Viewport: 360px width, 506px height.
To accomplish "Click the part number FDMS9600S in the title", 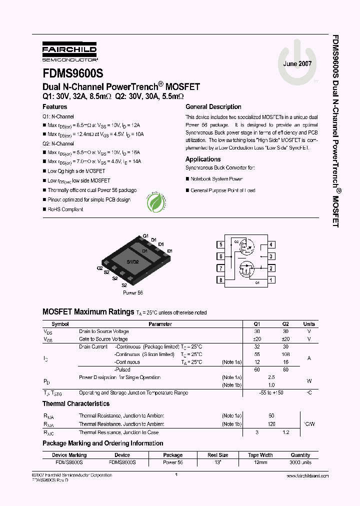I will (72, 72).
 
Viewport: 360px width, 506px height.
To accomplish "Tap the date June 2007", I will (297, 64).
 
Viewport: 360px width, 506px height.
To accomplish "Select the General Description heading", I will (213, 107).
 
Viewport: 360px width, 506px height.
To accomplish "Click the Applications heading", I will (203, 159).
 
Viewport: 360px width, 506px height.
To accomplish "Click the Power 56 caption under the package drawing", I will (133, 292).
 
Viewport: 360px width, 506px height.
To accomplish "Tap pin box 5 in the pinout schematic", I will (220, 245).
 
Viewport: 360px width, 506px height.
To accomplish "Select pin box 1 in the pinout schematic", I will (271, 280).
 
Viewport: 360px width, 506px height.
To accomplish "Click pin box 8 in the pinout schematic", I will (220, 280).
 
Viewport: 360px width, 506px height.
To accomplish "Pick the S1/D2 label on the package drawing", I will (132, 262).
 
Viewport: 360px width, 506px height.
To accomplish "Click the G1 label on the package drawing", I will (146, 235).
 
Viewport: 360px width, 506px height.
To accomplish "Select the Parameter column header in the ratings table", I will (160, 324).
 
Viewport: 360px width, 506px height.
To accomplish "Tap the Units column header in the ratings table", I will (309, 324).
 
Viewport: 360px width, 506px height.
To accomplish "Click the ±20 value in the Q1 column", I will (257, 339).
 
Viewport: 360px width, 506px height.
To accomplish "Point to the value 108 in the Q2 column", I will (285, 354).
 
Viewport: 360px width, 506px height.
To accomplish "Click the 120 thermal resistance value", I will (271, 423).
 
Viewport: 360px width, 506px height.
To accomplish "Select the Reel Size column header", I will (218, 455).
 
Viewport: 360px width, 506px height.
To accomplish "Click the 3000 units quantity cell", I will (300, 462).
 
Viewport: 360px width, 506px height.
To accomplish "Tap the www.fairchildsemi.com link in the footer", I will (307, 476).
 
